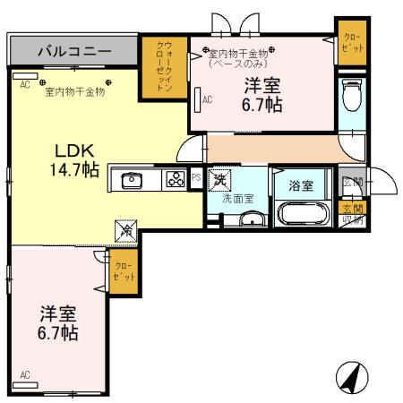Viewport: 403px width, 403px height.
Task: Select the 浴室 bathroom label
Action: (300, 186)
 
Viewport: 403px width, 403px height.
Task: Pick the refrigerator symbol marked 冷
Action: (124, 231)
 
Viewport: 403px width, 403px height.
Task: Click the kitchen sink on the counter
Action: (132, 179)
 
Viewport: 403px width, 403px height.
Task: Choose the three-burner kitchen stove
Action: (174, 179)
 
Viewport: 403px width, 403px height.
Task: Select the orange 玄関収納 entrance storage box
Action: (354, 216)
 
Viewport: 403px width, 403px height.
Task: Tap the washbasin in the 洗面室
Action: (254, 219)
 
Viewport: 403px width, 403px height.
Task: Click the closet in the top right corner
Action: (349, 42)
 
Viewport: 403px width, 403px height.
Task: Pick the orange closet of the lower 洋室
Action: (123, 270)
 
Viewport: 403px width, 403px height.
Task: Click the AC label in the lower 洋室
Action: (25, 374)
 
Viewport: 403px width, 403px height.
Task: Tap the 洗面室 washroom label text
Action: (236, 199)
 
